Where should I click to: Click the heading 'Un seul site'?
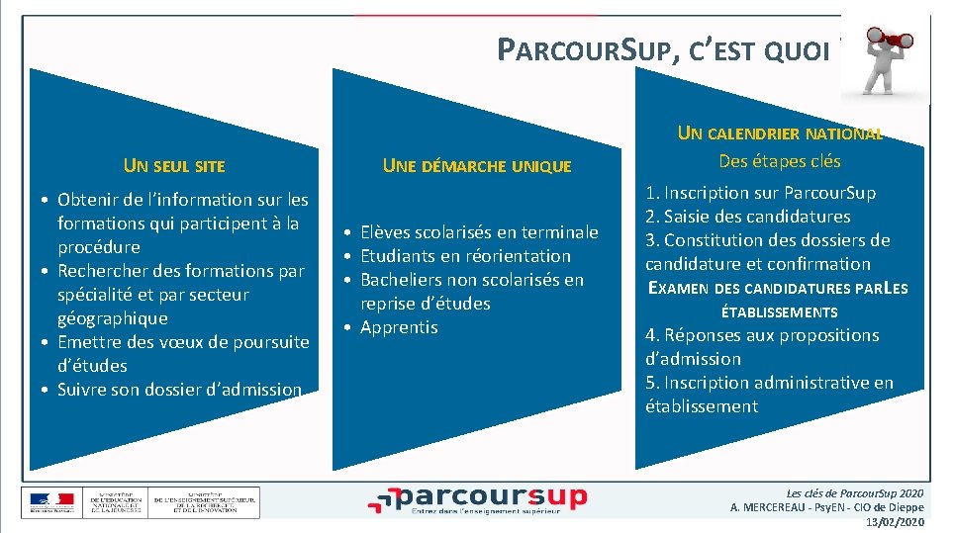(174, 166)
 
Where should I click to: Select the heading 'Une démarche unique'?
(477, 166)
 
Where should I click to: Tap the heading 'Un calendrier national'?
(780, 133)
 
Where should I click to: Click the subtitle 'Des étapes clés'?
(780, 161)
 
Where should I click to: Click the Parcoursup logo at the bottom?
(477, 499)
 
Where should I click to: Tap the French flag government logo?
(50, 502)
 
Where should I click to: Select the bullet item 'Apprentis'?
(399, 327)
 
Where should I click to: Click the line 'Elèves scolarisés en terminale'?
(479, 232)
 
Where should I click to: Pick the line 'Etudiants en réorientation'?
(465, 256)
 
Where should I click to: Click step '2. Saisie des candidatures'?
(747, 217)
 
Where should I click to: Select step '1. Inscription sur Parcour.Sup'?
(760, 193)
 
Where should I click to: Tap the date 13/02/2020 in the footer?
(895, 521)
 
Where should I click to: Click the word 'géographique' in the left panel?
(113, 318)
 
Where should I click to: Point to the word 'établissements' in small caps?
(779, 312)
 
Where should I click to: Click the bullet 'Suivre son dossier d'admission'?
(179, 390)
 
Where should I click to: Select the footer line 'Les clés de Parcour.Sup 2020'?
(855, 492)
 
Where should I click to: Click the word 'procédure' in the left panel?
(99, 247)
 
